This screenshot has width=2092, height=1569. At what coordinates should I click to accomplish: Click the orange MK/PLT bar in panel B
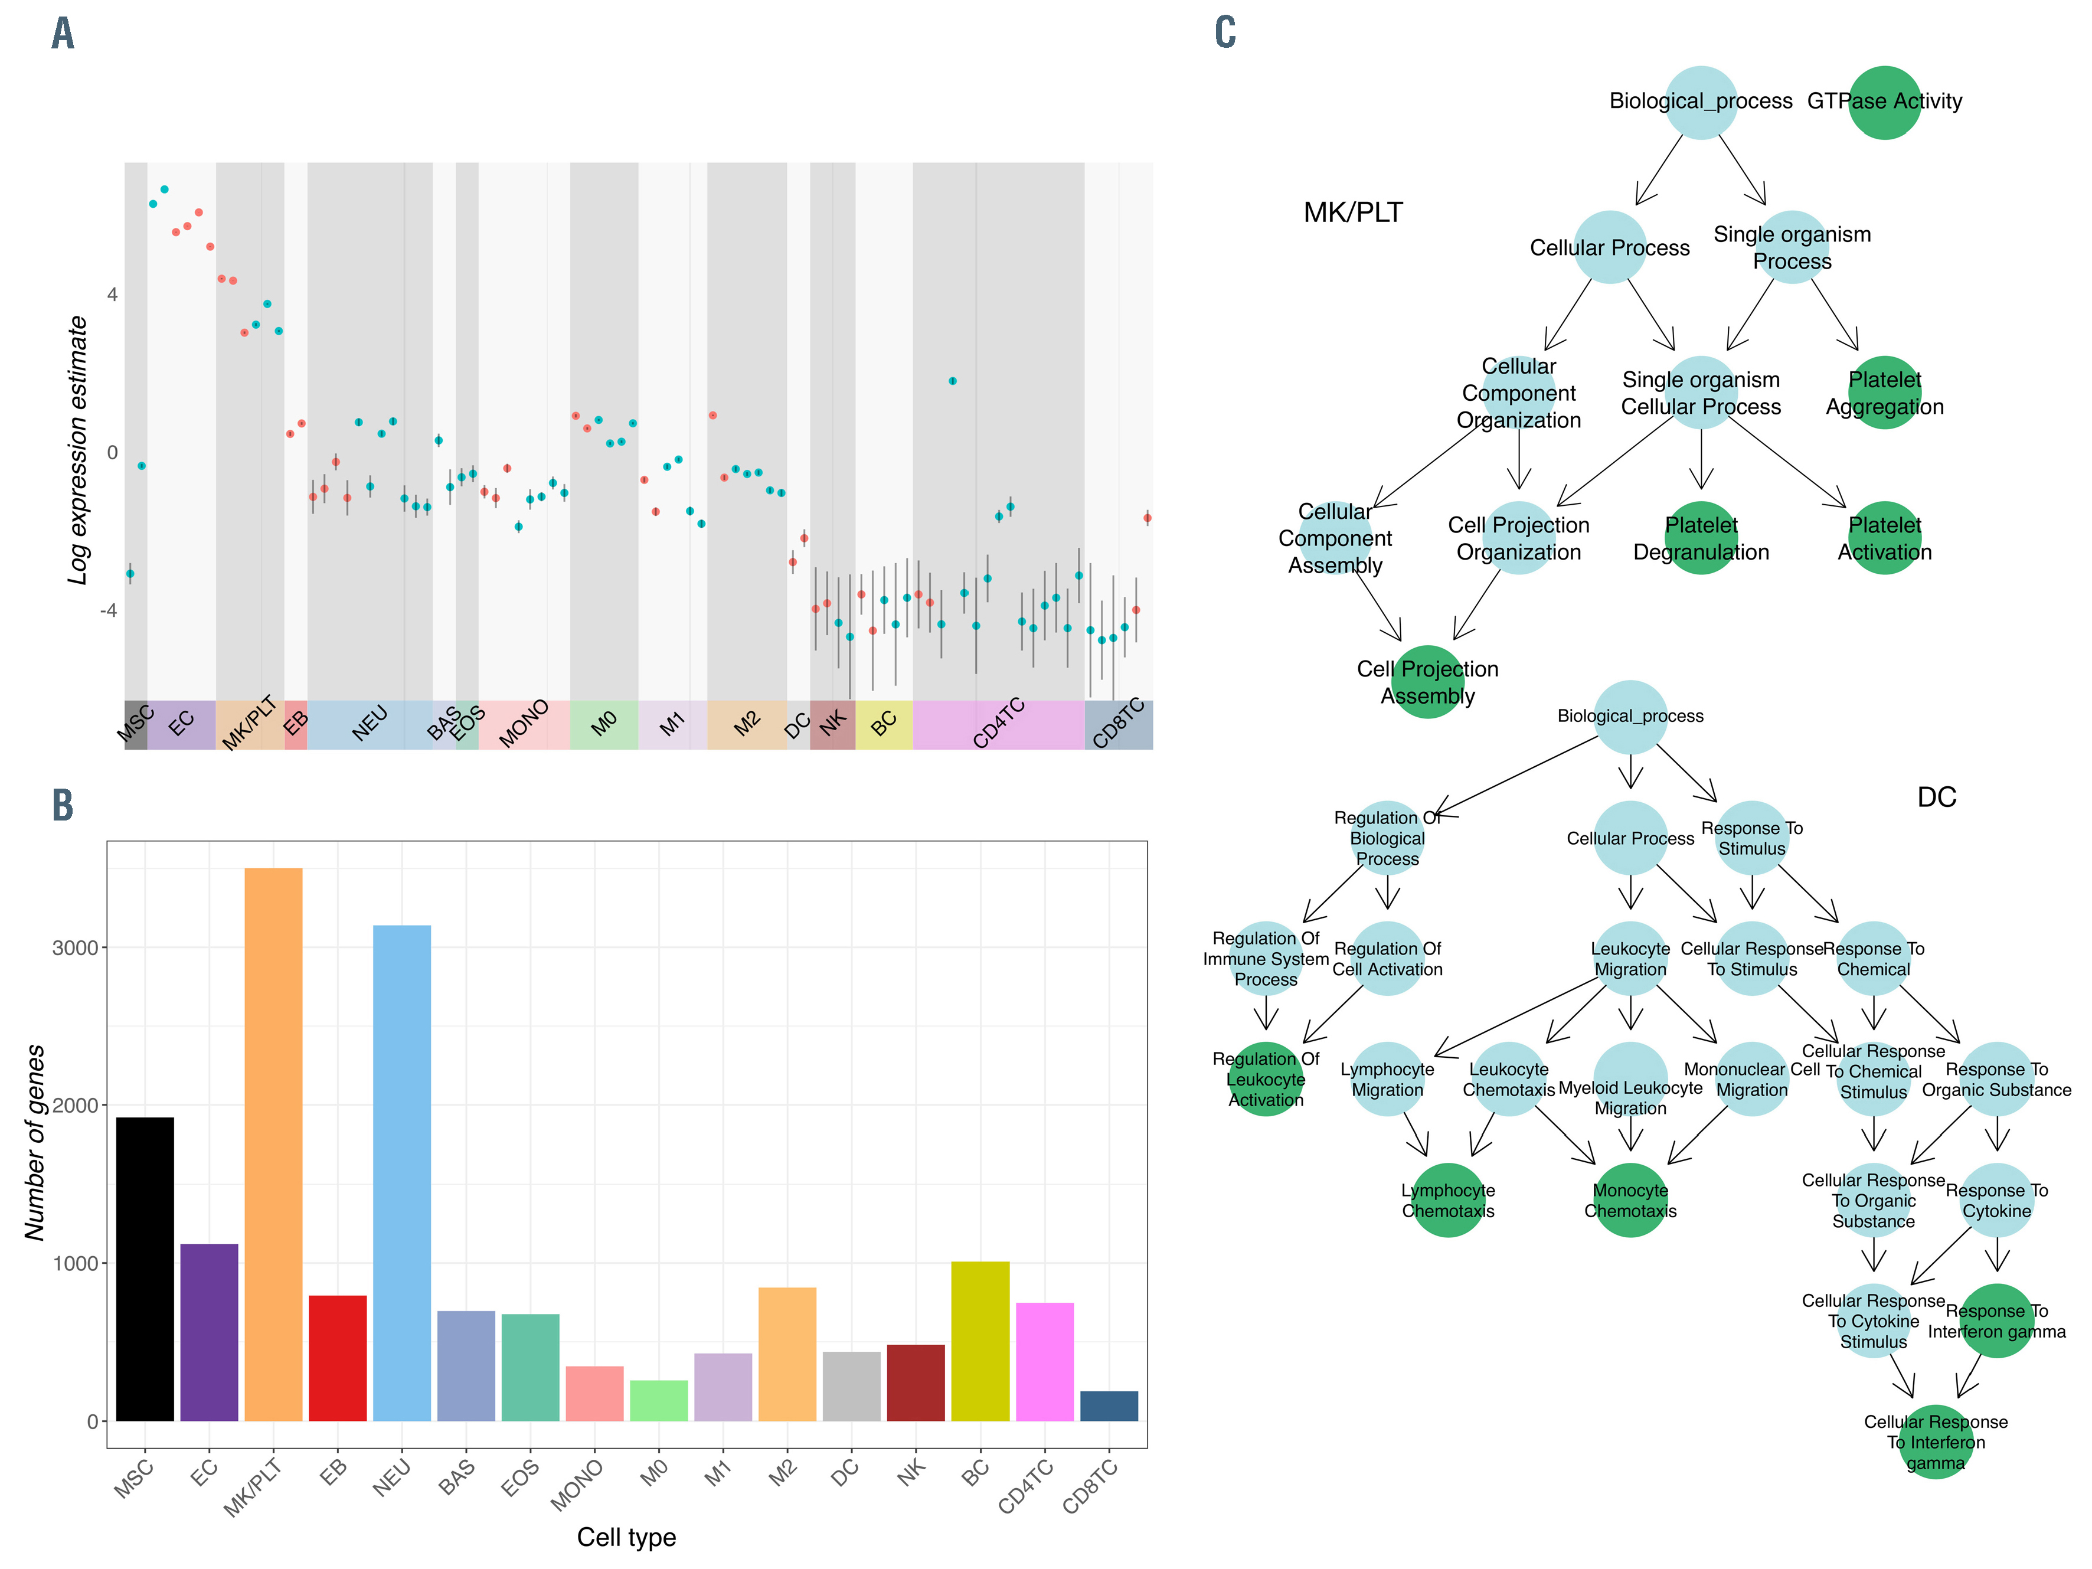pyautogui.click(x=273, y=1145)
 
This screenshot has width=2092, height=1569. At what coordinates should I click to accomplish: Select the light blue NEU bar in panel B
pyautogui.click(x=402, y=1173)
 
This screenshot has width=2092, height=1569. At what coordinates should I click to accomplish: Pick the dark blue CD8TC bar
pyautogui.click(x=1109, y=1405)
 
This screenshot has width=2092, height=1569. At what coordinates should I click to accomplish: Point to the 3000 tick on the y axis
pyautogui.click(x=76, y=947)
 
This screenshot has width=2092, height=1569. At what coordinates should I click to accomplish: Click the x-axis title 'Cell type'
pyautogui.click(x=626, y=1537)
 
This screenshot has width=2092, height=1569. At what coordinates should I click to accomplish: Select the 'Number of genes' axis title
pyautogui.click(x=35, y=1142)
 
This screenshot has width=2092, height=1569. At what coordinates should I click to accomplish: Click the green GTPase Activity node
pyautogui.click(x=1884, y=102)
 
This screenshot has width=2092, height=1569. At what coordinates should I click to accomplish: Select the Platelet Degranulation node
pyautogui.click(x=1701, y=538)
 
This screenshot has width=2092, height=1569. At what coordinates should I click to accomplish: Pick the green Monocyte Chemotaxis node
pyautogui.click(x=1630, y=1200)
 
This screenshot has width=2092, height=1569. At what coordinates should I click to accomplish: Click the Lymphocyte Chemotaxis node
pyautogui.click(x=1448, y=1200)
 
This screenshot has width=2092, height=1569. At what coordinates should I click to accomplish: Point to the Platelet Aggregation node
pyautogui.click(x=1884, y=393)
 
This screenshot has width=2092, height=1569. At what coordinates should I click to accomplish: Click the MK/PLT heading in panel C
pyautogui.click(x=1352, y=213)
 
